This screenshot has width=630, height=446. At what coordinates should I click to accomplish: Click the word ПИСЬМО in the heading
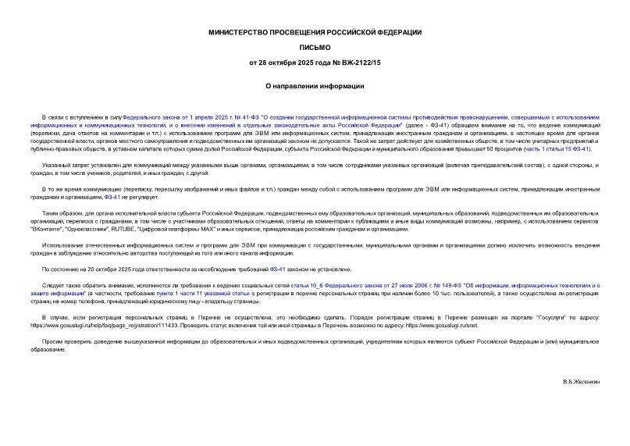315,47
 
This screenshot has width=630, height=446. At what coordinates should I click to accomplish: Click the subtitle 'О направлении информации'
315,86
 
